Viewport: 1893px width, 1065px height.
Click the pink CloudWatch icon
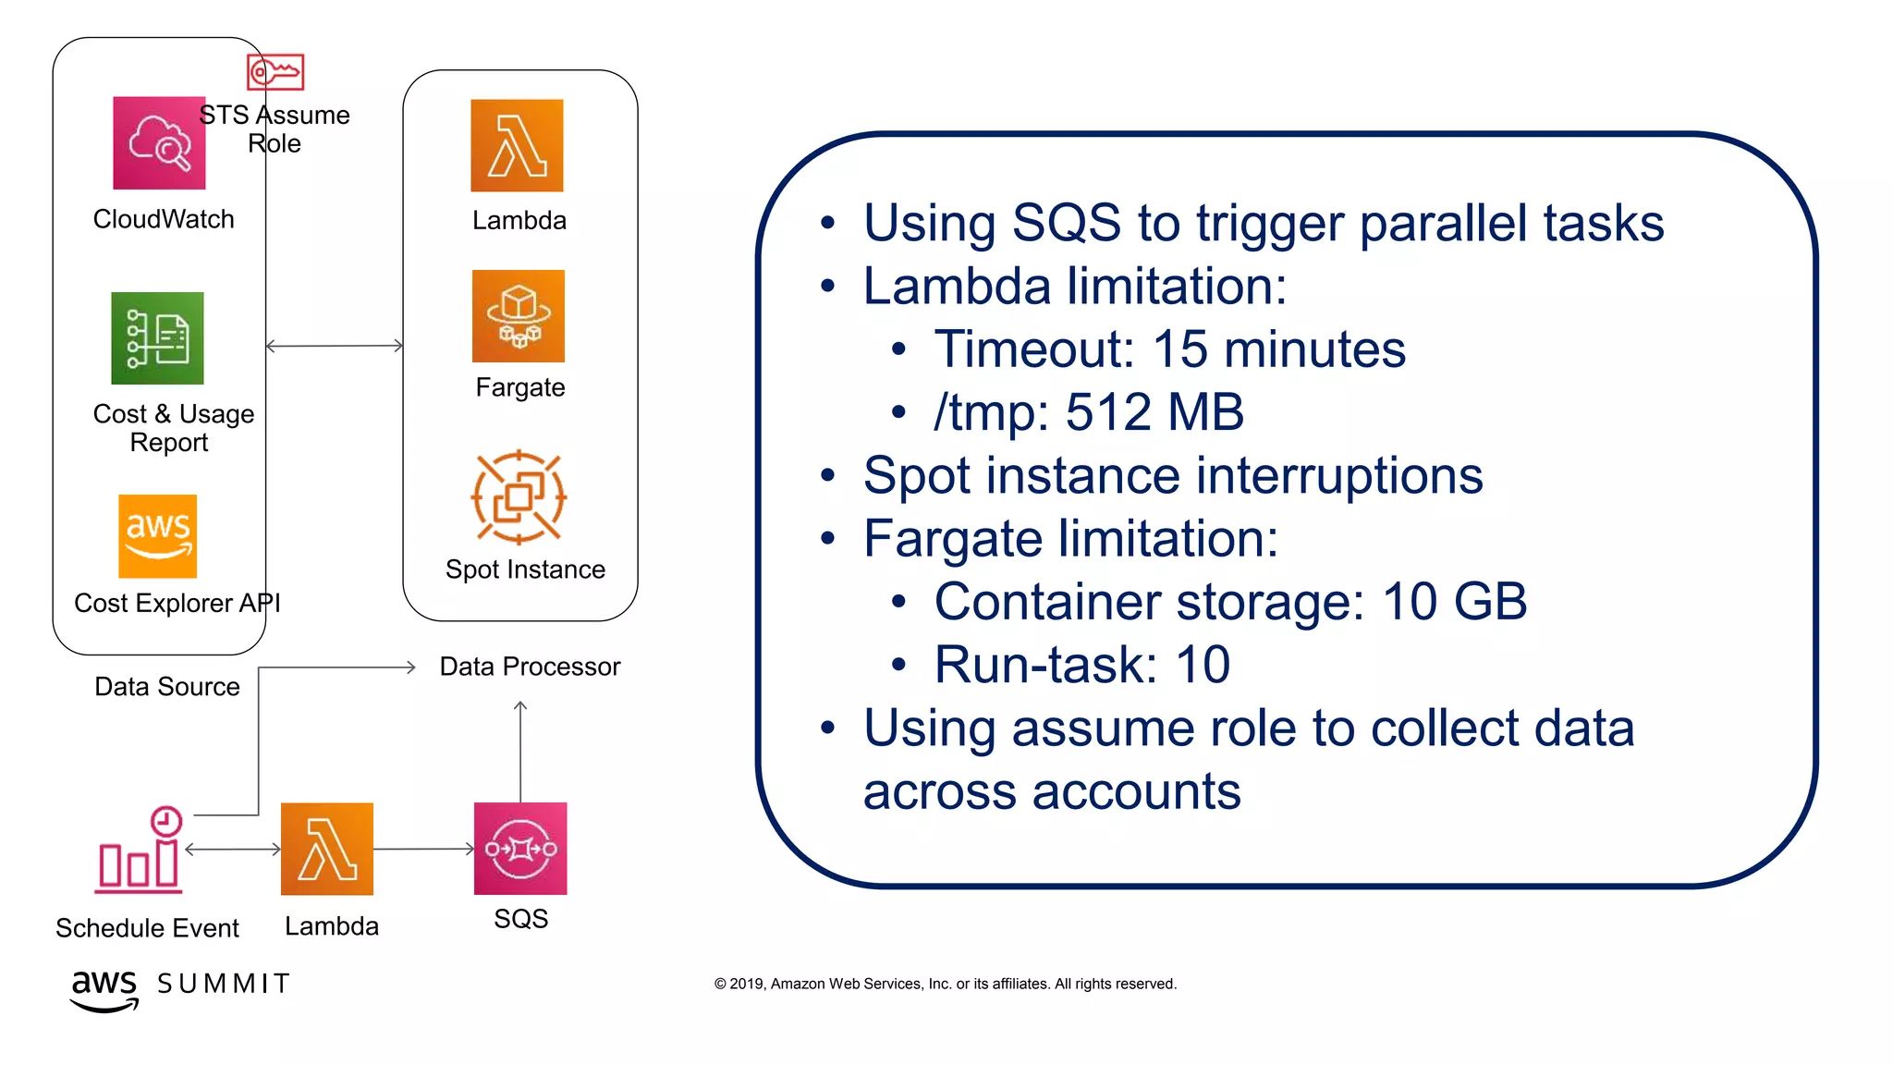pos(159,143)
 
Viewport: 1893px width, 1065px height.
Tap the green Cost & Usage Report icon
pos(157,338)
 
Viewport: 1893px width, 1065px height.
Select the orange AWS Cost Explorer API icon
pos(158,536)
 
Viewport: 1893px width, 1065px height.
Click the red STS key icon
pos(275,72)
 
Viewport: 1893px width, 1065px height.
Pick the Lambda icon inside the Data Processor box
pos(517,146)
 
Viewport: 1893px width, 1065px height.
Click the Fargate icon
pos(518,316)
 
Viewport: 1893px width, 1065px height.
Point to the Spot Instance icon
pos(519,497)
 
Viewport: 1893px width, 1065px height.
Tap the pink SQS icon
pos(520,849)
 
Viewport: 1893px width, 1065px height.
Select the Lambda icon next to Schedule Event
pos(327,849)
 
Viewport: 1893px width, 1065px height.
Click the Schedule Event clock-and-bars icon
pos(140,851)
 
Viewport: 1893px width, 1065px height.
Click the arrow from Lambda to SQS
pos(423,849)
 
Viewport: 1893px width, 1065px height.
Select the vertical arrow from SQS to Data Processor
pos(520,751)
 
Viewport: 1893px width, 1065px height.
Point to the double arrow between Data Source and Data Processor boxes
pos(335,346)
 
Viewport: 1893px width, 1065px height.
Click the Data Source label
pos(167,687)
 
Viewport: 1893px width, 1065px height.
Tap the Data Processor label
pos(530,667)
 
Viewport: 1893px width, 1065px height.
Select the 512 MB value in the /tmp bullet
pos(1154,412)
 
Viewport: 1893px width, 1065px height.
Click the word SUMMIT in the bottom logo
pos(224,984)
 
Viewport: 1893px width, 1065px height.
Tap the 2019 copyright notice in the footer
pos(945,984)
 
